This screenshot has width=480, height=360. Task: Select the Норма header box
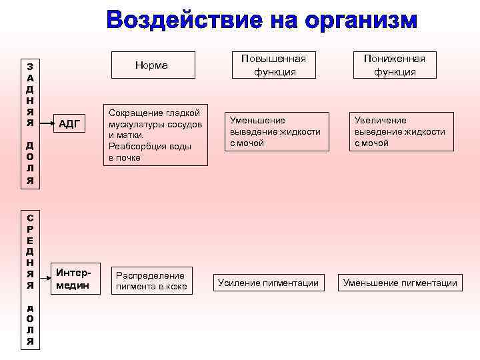pyautogui.click(x=152, y=65)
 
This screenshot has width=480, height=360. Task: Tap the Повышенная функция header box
pyautogui.click(x=274, y=65)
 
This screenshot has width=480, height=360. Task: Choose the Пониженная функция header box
pyautogui.click(x=395, y=65)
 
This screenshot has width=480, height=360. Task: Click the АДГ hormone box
pyautogui.click(x=69, y=123)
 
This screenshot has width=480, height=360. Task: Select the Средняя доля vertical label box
pyautogui.click(x=31, y=278)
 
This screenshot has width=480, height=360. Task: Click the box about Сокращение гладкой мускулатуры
pyautogui.click(x=157, y=135)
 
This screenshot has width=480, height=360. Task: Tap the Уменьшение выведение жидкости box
pyautogui.click(x=275, y=131)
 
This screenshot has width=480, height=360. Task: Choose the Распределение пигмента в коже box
pyautogui.click(x=151, y=281)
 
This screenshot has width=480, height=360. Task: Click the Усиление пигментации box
pyautogui.click(x=268, y=283)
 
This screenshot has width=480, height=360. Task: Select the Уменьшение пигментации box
pyautogui.click(x=400, y=283)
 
